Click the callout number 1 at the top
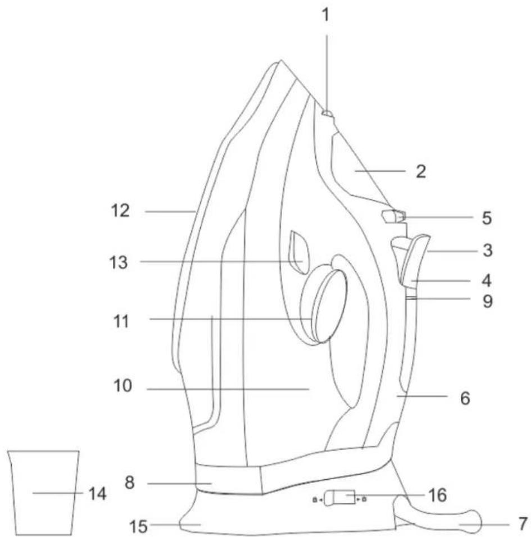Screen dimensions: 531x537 pyautogui.click(x=326, y=15)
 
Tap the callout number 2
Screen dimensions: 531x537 pyautogui.click(x=421, y=171)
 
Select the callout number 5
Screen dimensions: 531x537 pyautogui.click(x=487, y=218)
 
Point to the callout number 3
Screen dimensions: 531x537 pyautogui.click(x=488, y=250)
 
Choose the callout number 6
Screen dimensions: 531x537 pyautogui.click(x=465, y=398)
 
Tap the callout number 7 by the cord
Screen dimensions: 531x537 pyautogui.click(x=522, y=524)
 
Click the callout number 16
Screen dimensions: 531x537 pyautogui.click(x=438, y=495)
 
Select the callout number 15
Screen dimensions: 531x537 pyautogui.click(x=138, y=526)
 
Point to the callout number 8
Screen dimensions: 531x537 pyautogui.click(x=129, y=483)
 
